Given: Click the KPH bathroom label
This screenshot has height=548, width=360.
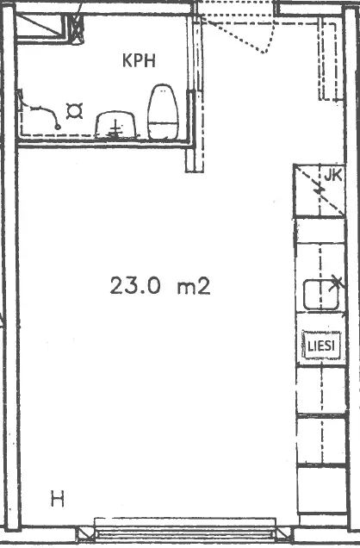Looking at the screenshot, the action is [x=139, y=61].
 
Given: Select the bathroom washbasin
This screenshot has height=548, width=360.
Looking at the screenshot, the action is [x=115, y=125].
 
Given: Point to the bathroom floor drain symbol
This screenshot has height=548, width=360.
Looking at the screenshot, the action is [x=74, y=111].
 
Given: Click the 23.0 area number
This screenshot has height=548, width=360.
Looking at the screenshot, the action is [x=135, y=285].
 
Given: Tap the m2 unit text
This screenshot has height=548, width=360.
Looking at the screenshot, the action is [x=194, y=286].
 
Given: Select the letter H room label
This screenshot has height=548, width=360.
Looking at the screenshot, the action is [x=58, y=499].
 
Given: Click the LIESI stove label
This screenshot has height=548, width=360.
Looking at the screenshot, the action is [x=321, y=346].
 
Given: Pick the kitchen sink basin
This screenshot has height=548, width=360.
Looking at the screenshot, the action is [x=321, y=295].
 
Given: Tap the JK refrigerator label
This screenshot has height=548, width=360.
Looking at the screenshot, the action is [x=332, y=176].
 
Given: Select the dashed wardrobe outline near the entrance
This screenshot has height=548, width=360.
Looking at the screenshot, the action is [x=328, y=60].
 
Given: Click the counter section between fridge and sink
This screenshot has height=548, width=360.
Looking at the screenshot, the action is [x=320, y=231].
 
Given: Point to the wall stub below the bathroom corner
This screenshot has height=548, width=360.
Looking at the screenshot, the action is [x=194, y=159].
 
